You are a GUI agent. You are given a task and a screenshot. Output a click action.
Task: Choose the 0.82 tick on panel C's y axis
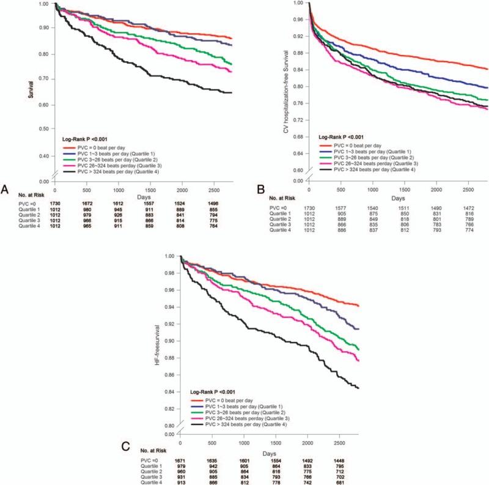coord(171,409)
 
